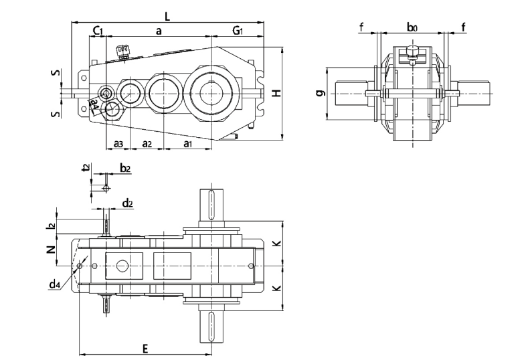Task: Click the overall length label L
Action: [167, 15]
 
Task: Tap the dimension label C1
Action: [97, 31]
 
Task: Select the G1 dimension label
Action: [238, 31]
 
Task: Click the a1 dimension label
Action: [188, 144]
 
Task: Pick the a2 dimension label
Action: [147, 144]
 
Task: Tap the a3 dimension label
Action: [117, 144]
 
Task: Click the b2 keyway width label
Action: [124, 167]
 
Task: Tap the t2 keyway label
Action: [85, 168]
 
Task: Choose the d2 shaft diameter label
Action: [127, 202]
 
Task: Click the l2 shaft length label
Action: [51, 226]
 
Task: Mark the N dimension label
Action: [50, 250]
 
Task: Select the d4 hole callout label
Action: [55, 285]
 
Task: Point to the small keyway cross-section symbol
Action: [105, 188]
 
